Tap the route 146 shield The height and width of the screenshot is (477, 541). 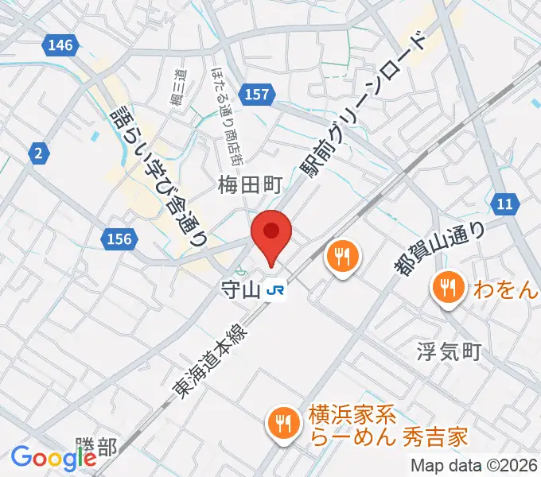click(61, 45)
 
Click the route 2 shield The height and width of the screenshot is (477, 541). click(37, 154)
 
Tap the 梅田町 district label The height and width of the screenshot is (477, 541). click(251, 186)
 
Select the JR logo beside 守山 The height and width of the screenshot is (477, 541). click(277, 292)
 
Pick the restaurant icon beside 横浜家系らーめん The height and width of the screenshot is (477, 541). click(282, 422)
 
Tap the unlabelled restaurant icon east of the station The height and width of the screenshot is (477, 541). click(343, 257)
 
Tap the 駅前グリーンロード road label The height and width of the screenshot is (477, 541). click(365, 107)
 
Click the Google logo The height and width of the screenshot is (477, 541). click(53, 458)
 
